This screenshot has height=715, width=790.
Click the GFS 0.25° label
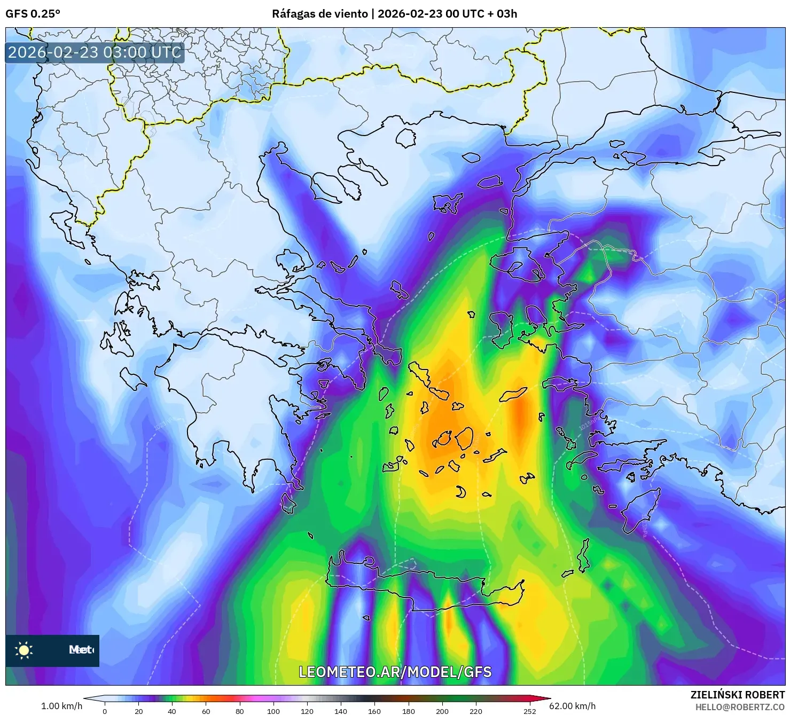click(x=33, y=14)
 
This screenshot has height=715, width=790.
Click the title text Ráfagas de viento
click(x=319, y=14)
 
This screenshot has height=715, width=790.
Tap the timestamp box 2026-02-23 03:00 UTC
click(x=95, y=52)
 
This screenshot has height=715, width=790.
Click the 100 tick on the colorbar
click(x=273, y=711)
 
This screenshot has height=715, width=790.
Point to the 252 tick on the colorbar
click(x=529, y=711)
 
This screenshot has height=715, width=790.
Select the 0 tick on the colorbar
click(x=105, y=711)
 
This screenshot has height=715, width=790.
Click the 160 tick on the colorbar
click(x=374, y=711)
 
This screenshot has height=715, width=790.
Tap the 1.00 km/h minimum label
click(x=61, y=706)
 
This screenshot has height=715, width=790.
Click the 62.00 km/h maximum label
click(x=572, y=706)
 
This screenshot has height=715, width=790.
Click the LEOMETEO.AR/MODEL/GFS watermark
click(x=395, y=672)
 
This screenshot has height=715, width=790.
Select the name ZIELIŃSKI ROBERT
click(x=737, y=695)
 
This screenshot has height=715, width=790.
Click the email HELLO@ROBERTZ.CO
click(x=740, y=706)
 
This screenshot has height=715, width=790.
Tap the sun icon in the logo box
click(x=24, y=650)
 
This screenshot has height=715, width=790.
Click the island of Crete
click(x=427, y=587)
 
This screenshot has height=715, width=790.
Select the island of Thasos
click(x=405, y=138)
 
